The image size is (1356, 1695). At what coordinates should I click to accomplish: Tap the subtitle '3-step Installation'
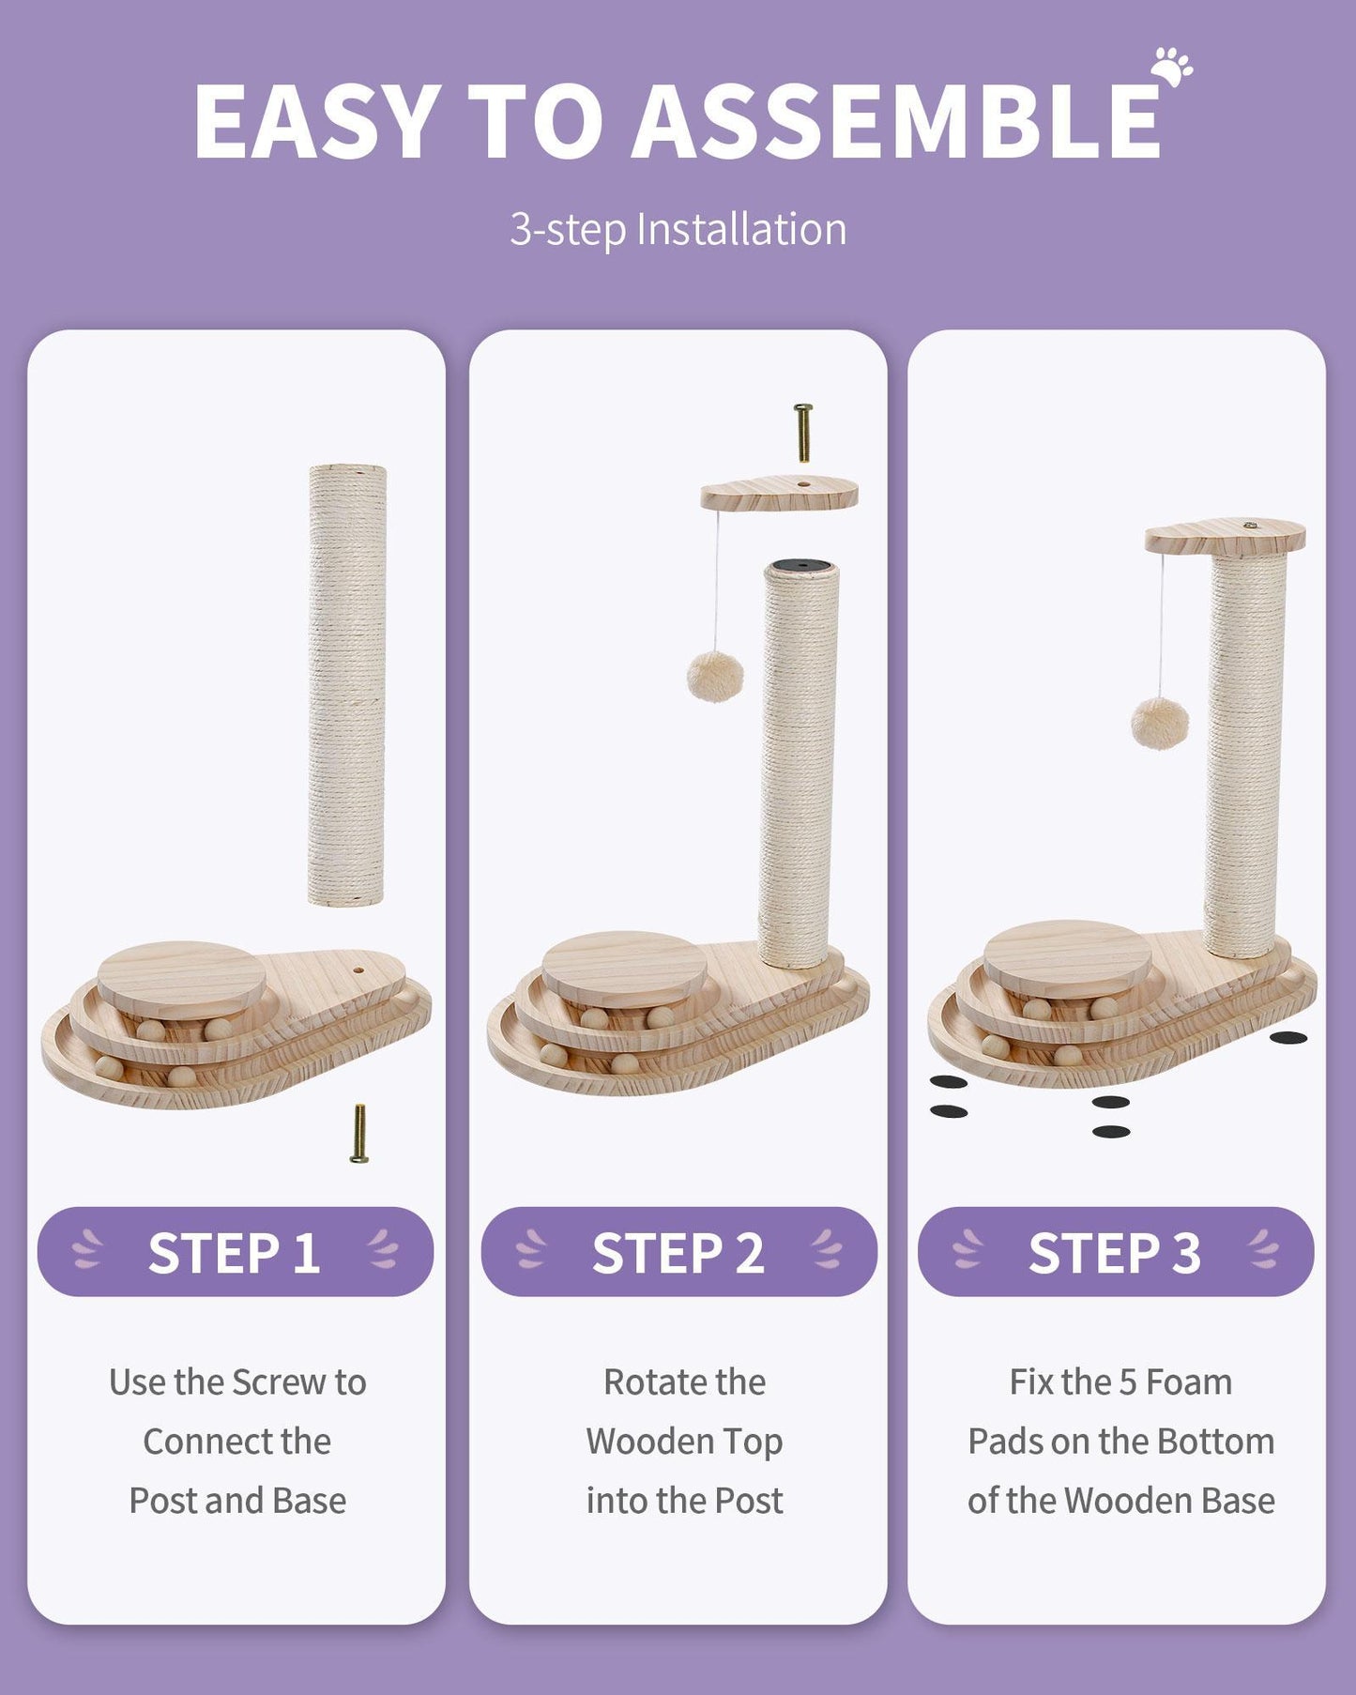point(678,230)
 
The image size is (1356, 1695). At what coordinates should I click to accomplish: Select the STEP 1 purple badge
point(235,1252)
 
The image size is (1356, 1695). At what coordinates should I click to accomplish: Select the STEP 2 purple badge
point(678,1252)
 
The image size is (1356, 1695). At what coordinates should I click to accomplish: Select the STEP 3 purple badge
point(1115,1252)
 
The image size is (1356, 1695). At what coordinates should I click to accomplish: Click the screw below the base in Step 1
point(358,1134)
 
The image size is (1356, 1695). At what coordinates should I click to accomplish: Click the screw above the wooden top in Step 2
point(802,433)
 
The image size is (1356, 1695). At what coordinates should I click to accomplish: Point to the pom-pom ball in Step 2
point(715,677)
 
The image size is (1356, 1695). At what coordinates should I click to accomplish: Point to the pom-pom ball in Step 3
point(1160,724)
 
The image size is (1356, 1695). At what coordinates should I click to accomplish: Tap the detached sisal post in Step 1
point(346,685)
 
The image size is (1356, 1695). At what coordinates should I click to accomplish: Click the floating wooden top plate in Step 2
point(779,493)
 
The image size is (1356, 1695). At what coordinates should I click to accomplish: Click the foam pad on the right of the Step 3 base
point(1287,1037)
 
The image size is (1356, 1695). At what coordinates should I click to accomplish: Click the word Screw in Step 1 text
point(279,1382)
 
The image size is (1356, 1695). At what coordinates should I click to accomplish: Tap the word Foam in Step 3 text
point(1189,1382)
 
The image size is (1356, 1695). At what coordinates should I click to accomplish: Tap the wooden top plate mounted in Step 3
point(1225,535)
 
